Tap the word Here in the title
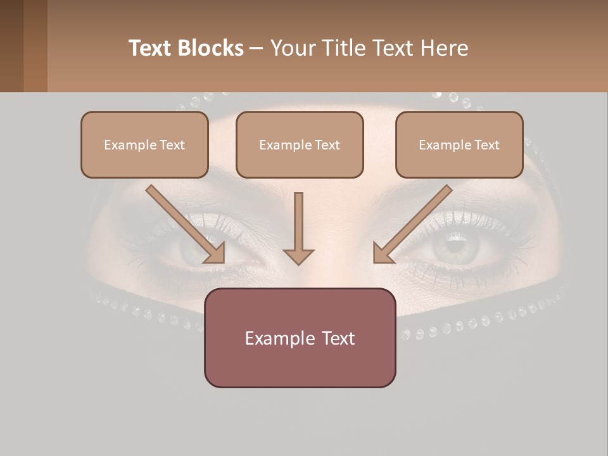(443, 48)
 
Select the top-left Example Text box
(144, 144)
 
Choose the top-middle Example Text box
(300, 144)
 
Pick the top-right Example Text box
(459, 144)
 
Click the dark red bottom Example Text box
(300, 338)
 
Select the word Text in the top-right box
(486, 145)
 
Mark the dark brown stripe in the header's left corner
(11, 46)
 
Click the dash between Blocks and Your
(256, 49)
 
